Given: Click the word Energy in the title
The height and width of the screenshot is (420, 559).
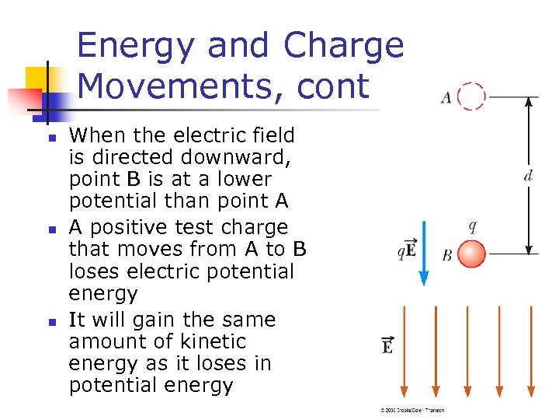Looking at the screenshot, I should [x=144, y=46].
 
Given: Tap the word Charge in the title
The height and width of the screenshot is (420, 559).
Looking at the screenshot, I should [x=343, y=46].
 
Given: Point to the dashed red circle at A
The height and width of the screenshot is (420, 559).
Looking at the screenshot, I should [x=471, y=96].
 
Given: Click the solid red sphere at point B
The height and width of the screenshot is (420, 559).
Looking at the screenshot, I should [x=471, y=254].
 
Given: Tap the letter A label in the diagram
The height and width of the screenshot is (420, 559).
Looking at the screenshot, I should [x=446, y=98].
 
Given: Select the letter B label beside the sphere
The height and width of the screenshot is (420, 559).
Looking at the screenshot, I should [x=446, y=255].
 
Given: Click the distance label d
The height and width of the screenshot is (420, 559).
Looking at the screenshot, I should [x=528, y=175].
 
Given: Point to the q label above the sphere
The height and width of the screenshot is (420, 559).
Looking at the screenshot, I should [x=472, y=227].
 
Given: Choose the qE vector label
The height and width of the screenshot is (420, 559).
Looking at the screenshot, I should [x=406, y=250].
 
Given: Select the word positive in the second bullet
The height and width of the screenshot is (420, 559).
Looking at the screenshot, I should [x=123, y=227].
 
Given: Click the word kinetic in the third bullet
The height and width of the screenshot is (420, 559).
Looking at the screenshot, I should [x=212, y=341].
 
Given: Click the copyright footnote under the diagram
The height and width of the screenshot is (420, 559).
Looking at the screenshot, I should [x=412, y=410].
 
